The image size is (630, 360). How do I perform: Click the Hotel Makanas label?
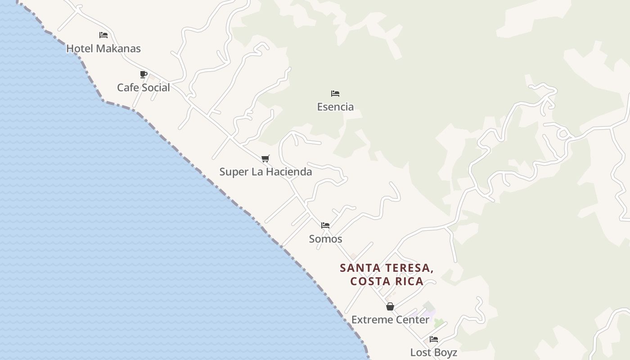click(103, 49)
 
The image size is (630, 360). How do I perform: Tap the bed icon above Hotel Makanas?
click(103, 35)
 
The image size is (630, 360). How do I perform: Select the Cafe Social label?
click(144, 88)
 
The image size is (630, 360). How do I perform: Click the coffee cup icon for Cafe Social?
click(144, 74)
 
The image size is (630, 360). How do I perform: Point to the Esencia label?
click(335, 107)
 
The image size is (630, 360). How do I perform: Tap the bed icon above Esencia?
click(335, 94)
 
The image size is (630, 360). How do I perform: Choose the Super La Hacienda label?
click(265, 172)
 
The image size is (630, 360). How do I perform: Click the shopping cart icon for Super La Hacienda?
click(265, 158)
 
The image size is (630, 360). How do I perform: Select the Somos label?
click(325, 239)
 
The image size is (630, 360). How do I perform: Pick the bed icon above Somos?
click(325, 225)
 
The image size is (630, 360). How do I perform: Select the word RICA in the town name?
click(409, 282)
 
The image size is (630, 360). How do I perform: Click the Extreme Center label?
click(390, 320)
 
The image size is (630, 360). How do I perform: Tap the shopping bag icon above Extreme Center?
click(390, 307)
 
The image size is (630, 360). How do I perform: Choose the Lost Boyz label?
click(433, 352)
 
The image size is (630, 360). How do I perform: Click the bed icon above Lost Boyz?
click(434, 339)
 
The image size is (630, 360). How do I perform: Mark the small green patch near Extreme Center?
click(439, 323)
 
